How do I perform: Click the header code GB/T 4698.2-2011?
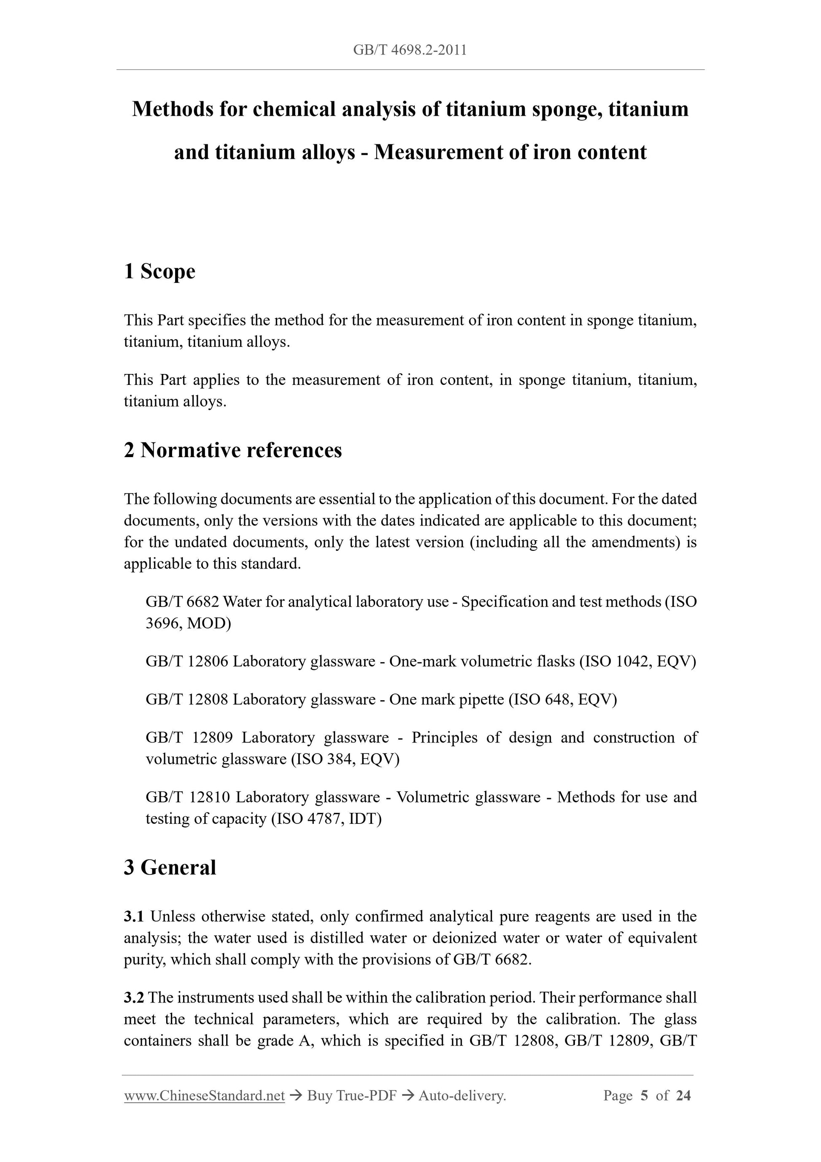pos(410,50)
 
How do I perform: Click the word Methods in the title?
pos(172,109)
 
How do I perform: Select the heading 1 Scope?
pos(159,271)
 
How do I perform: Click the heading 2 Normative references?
pos(233,450)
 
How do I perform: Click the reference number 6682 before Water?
pos(203,602)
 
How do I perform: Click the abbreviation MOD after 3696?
pos(206,623)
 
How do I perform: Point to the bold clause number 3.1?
pos(134,916)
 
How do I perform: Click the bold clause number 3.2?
pos(134,997)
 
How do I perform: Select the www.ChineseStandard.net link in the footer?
pos(204,1096)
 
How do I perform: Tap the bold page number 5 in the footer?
pos(644,1096)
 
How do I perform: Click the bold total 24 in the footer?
pos(683,1096)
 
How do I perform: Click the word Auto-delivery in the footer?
pos(462,1096)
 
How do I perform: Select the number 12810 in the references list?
pos(209,797)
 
